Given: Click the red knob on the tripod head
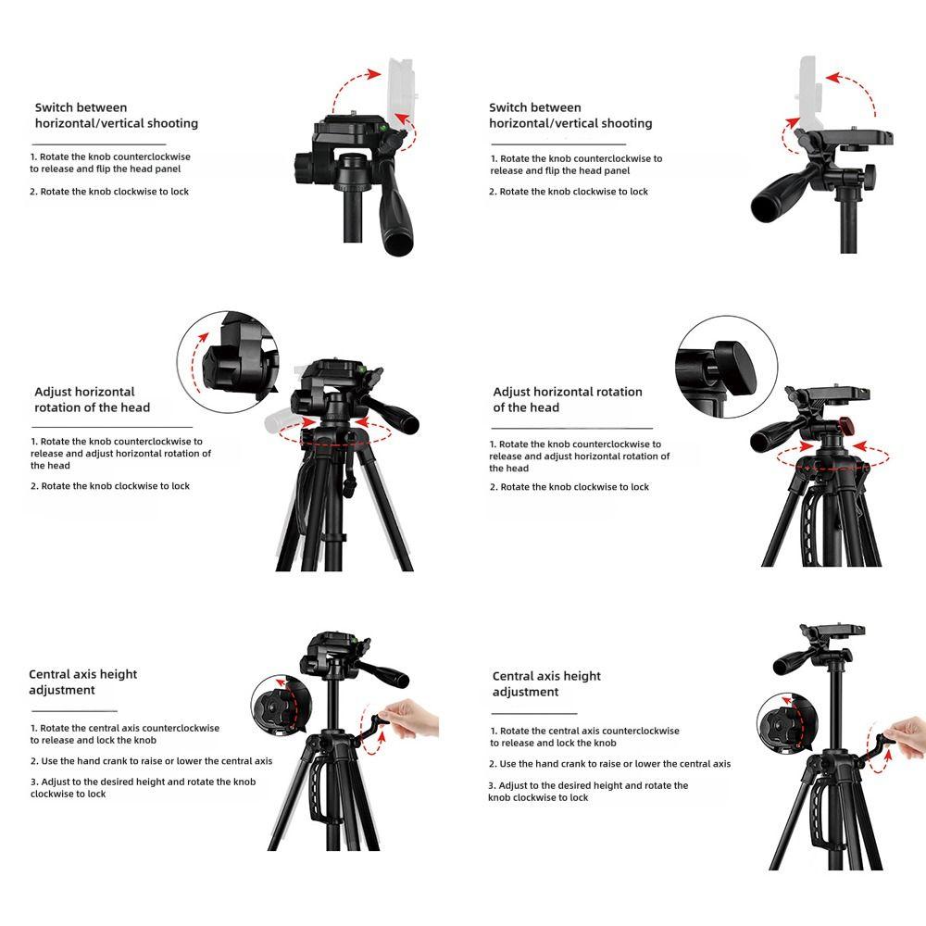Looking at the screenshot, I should click(x=846, y=425).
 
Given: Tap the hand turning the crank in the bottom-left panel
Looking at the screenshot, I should click(x=407, y=718).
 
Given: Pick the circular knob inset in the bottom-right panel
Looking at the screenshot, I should click(x=782, y=723).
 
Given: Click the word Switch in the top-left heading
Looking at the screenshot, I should click(x=56, y=107).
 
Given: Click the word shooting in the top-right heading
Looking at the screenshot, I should click(x=626, y=123).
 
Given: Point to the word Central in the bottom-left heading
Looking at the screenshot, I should click(x=51, y=674).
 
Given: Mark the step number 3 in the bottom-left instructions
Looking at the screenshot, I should click(x=33, y=782).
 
